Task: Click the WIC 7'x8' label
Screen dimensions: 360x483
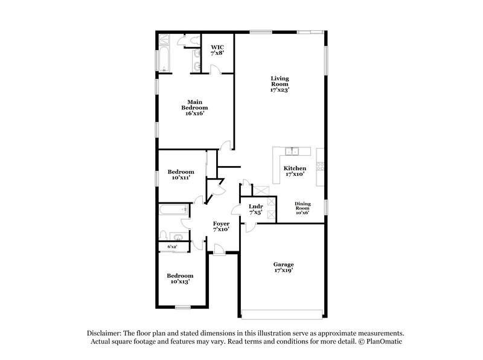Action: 216,50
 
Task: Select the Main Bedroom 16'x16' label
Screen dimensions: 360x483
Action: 194,107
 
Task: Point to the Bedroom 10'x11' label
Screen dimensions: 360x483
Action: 181,175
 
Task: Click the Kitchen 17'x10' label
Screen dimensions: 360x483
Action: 295,171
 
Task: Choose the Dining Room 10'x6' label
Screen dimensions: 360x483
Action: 302,208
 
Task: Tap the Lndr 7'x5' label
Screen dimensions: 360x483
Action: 255,209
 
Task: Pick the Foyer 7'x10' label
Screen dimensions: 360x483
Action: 221,227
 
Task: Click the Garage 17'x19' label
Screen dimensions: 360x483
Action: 283,268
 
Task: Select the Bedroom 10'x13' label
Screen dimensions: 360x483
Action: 181,278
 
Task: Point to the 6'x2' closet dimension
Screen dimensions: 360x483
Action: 172,246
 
